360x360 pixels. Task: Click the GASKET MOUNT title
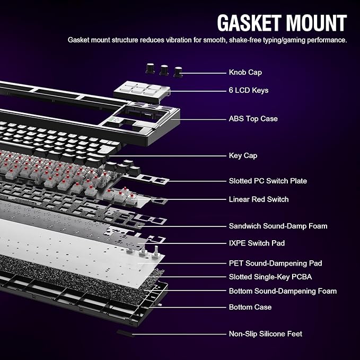[282, 23]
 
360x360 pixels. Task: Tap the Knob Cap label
[245, 72]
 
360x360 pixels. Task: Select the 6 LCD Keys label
[249, 90]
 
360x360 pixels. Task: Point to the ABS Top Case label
[253, 119]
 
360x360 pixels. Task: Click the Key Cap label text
[243, 156]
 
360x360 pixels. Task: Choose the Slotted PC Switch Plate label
[268, 181]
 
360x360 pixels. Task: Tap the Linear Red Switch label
[259, 199]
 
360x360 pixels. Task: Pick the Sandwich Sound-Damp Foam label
[278, 226]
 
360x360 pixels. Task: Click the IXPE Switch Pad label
[257, 243]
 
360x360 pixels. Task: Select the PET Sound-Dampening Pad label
[275, 263]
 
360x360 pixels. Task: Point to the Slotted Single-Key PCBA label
[270, 277]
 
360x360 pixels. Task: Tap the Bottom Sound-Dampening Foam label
[283, 291]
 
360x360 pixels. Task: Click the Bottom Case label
[250, 307]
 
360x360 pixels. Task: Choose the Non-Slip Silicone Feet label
[266, 333]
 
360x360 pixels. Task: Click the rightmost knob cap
[178, 72]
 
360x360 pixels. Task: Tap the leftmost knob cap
[150, 68]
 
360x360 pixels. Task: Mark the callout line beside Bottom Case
[188, 308]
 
